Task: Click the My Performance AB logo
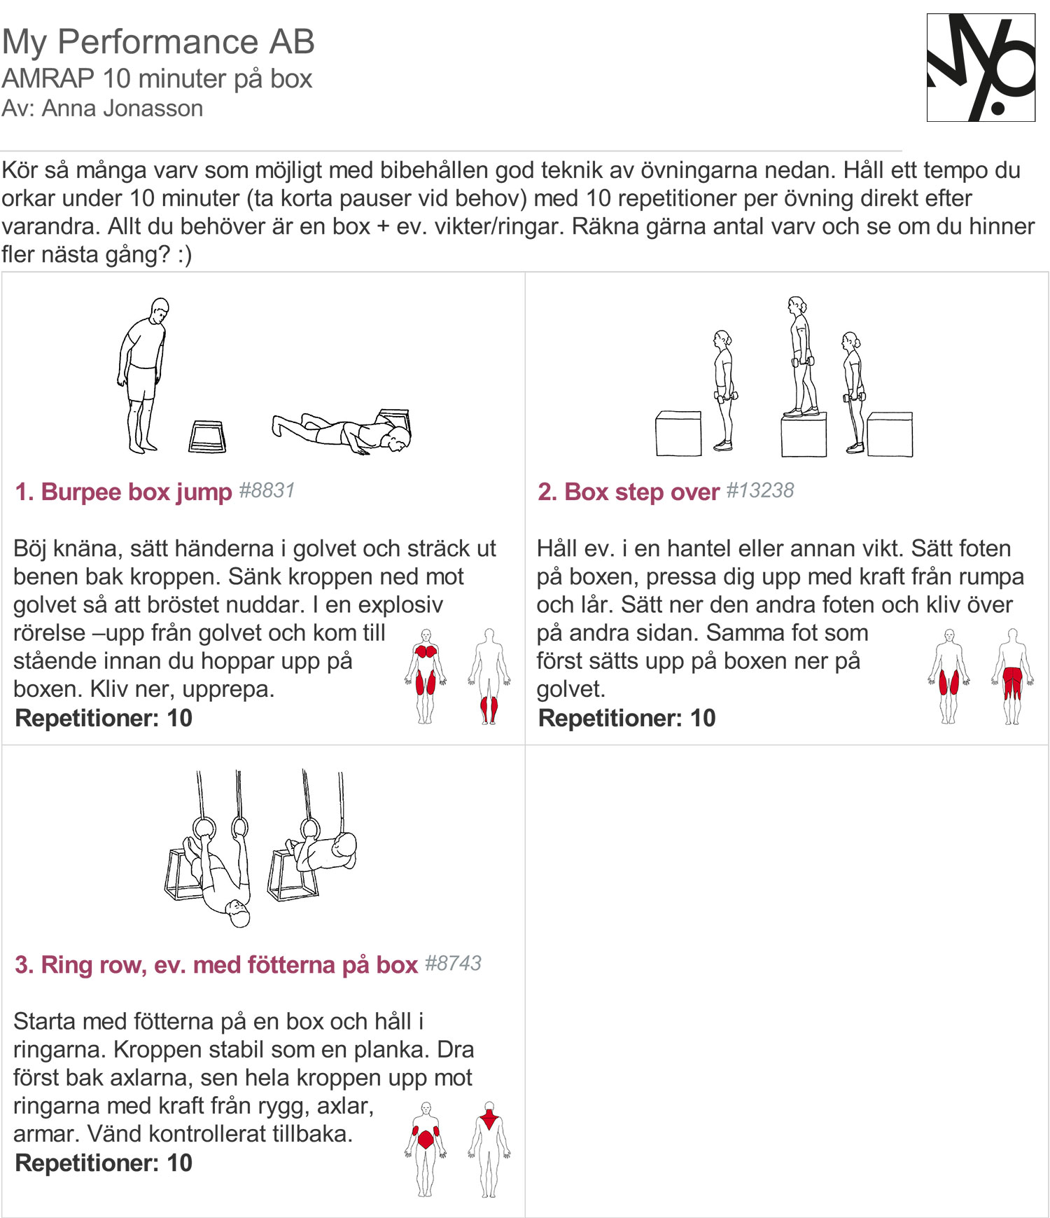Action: tap(981, 67)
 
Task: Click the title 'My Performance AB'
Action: tap(158, 41)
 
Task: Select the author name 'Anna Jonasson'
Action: tap(122, 109)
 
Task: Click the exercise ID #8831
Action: tap(267, 490)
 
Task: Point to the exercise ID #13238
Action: tap(759, 490)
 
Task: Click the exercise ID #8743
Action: tap(453, 963)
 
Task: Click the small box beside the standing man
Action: tap(207, 436)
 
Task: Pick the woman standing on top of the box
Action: tap(799, 357)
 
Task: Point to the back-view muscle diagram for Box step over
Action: tap(1012, 676)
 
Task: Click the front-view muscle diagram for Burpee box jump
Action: tap(426, 676)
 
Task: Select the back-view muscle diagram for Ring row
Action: tap(489, 1149)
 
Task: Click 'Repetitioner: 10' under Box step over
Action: tap(626, 718)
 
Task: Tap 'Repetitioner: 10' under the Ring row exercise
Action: tap(104, 1163)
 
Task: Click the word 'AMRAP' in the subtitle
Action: tap(48, 78)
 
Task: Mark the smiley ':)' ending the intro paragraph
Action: tap(184, 254)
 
